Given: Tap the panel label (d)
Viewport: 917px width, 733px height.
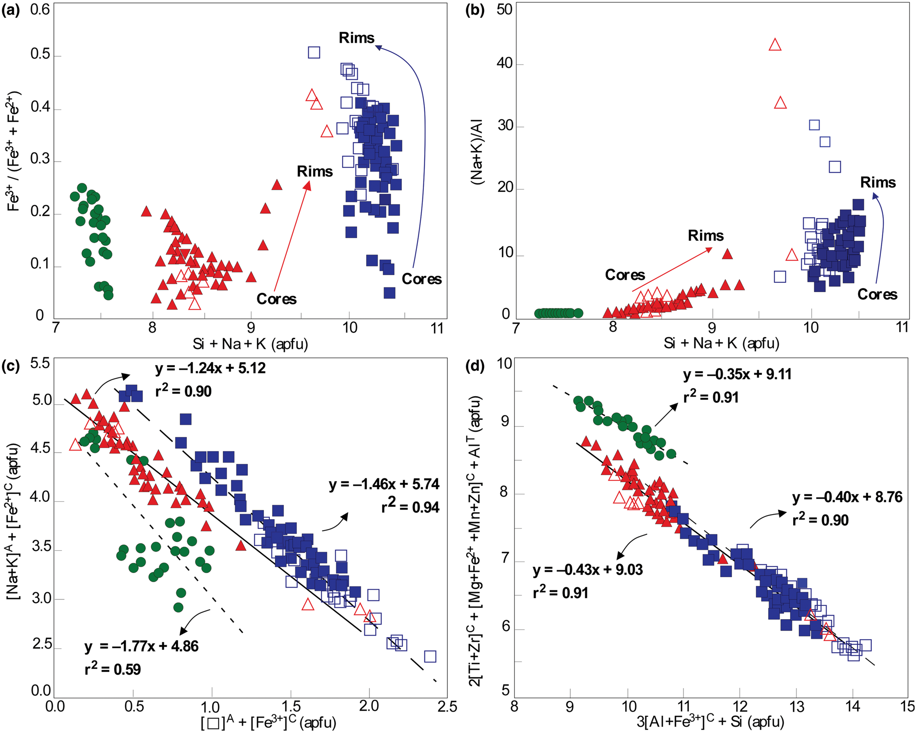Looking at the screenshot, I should click(475, 366).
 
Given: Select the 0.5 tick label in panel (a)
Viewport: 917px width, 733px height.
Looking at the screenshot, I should click(40, 54).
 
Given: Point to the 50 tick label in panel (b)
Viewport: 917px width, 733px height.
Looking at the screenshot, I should click(505, 10).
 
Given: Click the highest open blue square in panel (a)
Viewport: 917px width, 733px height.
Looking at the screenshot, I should click(314, 53).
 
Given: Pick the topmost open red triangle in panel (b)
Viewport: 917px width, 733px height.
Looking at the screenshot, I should click(775, 45).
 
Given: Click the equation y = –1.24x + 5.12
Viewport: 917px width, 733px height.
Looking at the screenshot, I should click(211, 368).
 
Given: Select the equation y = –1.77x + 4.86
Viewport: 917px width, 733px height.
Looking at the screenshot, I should click(142, 646).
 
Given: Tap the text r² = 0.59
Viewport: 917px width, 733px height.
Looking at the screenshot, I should click(113, 669).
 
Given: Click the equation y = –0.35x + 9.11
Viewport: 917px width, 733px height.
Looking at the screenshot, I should click(738, 374).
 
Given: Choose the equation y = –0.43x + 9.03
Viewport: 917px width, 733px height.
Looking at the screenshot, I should click(588, 570).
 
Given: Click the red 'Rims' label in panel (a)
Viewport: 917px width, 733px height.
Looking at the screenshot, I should click(315, 172).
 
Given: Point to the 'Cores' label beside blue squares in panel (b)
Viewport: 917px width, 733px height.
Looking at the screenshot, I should click(877, 294).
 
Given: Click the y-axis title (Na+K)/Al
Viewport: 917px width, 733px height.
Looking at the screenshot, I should click(478, 152).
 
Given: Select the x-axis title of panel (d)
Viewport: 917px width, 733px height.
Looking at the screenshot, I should click(711, 722).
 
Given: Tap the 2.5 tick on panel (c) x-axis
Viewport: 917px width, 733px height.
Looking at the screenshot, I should click(447, 706).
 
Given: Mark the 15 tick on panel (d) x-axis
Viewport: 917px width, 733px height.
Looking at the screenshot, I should click(907, 706).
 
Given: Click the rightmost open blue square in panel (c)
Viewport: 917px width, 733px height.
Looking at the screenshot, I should click(430, 656).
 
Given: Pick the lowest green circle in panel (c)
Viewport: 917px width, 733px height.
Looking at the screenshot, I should click(179, 607).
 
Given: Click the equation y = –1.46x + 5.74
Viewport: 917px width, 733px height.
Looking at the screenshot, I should click(384, 484).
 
